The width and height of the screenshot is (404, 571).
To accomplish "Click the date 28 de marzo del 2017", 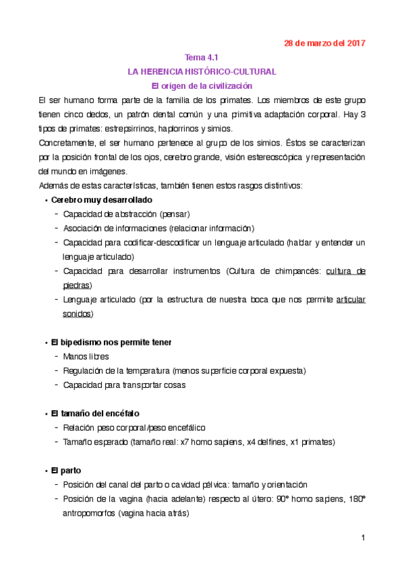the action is (324, 43).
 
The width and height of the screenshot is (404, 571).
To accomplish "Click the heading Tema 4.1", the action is (202, 57).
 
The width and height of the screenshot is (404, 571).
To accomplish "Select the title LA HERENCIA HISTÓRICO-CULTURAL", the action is (202, 71).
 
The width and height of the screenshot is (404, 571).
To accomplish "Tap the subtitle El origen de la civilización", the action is (202, 86).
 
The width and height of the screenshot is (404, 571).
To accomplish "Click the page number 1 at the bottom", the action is (362, 537).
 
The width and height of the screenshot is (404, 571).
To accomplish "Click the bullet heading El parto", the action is (66, 470).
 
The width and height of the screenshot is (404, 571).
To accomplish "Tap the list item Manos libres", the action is (86, 356).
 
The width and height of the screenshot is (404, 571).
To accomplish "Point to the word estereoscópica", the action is (271, 157).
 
